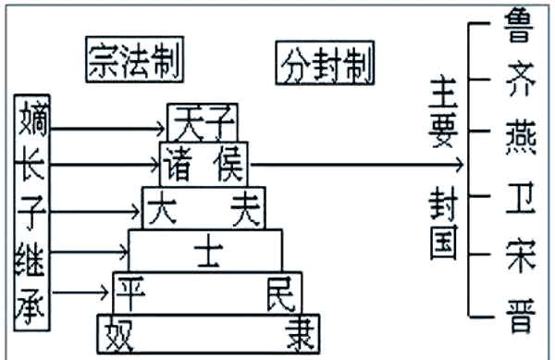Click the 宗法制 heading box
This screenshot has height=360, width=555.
133,60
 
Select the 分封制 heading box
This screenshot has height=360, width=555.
325,62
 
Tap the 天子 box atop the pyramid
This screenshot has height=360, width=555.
203,122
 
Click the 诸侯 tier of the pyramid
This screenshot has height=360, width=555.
204,163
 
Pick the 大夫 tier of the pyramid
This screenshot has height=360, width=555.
203,207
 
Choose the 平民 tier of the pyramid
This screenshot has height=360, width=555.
207,292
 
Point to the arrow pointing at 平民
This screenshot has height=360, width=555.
83,292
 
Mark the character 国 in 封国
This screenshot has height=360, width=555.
443,242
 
